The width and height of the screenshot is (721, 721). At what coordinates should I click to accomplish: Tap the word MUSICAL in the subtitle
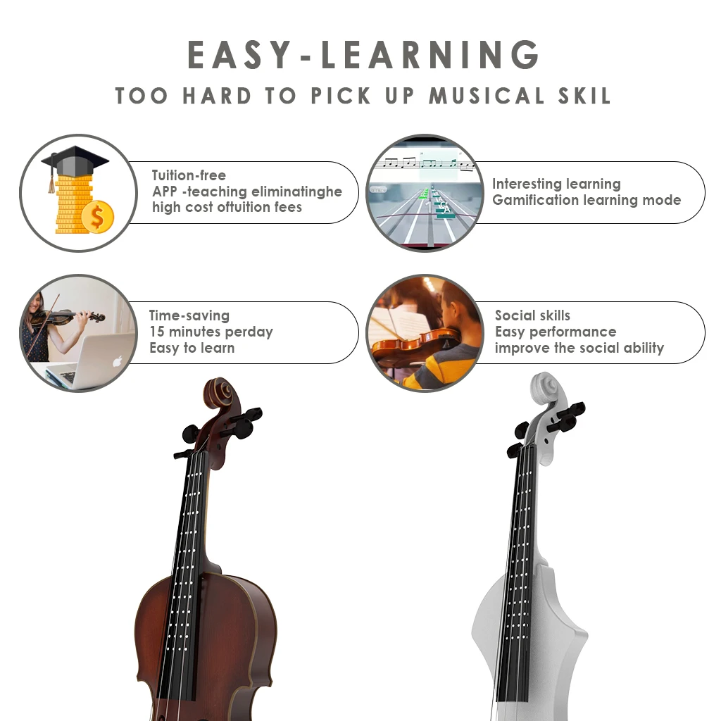click(x=487, y=96)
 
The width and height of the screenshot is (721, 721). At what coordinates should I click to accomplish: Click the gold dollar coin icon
click(x=96, y=218)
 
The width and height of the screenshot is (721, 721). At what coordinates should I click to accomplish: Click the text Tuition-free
click(x=189, y=175)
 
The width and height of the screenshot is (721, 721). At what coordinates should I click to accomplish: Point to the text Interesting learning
click(x=556, y=184)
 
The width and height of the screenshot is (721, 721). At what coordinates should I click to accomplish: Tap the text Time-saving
click(x=189, y=315)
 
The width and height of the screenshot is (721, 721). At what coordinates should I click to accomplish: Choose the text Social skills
click(x=532, y=315)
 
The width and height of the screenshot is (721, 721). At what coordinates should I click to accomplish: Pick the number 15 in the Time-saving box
click(x=157, y=332)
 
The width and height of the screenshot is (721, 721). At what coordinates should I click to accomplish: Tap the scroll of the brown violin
click(x=222, y=394)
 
